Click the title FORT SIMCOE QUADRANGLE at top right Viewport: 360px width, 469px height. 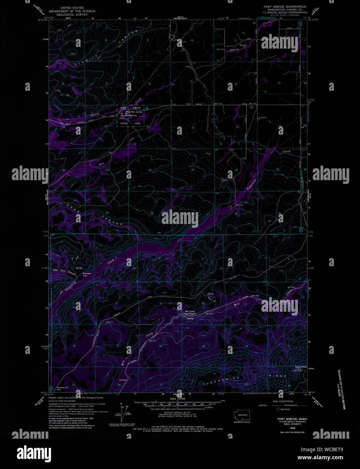pyautogui.click(x=285, y=6)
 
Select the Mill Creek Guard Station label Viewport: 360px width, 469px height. pyautogui.click(x=190, y=312)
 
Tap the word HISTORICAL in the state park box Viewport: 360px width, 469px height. pyautogui.click(x=130, y=115)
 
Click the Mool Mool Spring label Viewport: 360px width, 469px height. pyautogui.click(x=134, y=112)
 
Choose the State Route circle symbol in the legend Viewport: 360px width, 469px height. pyautogui.click(x=278, y=409)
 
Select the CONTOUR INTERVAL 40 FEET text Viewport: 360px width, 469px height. pyautogui.click(x=175, y=412)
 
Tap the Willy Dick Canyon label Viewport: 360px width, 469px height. pyautogui.click(x=64, y=271)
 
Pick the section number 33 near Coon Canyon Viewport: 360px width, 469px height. pyautogui.click(x=152, y=213)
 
